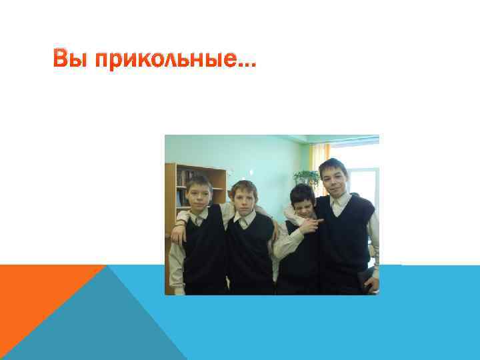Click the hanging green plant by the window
[x=307, y=177]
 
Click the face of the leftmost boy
[x=199, y=194]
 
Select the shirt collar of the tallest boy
[x=340, y=202]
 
